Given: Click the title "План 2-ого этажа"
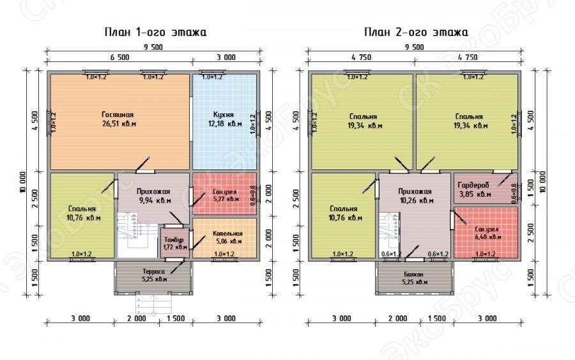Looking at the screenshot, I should pos(416,32).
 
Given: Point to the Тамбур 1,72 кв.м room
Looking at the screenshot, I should pos(173,242).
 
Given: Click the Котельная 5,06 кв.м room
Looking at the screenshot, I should pos(227,238).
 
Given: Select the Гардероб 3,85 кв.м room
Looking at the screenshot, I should pos(475,189).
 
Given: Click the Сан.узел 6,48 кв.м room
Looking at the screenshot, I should pos(487,233).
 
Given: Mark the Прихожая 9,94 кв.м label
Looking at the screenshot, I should pos(153,196).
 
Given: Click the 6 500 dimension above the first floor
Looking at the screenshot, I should pos(119,57).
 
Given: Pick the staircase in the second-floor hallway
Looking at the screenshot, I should pos(388,234).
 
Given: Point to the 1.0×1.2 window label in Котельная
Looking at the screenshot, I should pos(225,254).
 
